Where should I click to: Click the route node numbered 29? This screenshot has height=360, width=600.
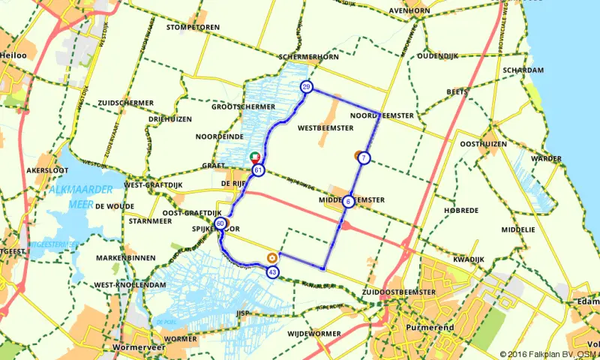pyautogui.click(x=306, y=87)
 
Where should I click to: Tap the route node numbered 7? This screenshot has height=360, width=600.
pyautogui.click(x=363, y=157)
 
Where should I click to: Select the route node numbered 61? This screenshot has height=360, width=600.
pyautogui.click(x=258, y=170)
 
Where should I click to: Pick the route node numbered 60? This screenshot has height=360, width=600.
pyautogui.click(x=220, y=223)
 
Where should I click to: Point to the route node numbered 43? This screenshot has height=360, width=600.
pyautogui.click(x=272, y=271)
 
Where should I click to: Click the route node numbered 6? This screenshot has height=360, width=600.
pyautogui.click(x=349, y=201)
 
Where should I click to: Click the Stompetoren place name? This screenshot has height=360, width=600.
pyautogui.click(x=193, y=28)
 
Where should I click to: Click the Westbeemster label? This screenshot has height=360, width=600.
pyautogui.click(x=325, y=128)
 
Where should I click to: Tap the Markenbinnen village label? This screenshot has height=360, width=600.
pyautogui.click(x=124, y=258)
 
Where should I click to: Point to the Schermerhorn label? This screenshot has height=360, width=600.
pyautogui.click(x=308, y=57)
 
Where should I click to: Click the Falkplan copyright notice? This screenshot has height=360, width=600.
pyautogui.click(x=548, y=353)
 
